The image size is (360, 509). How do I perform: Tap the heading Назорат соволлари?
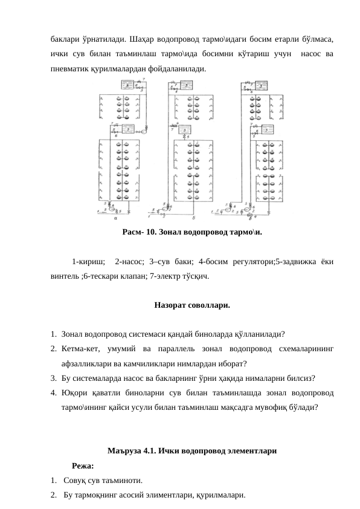(x=191, y=306)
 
